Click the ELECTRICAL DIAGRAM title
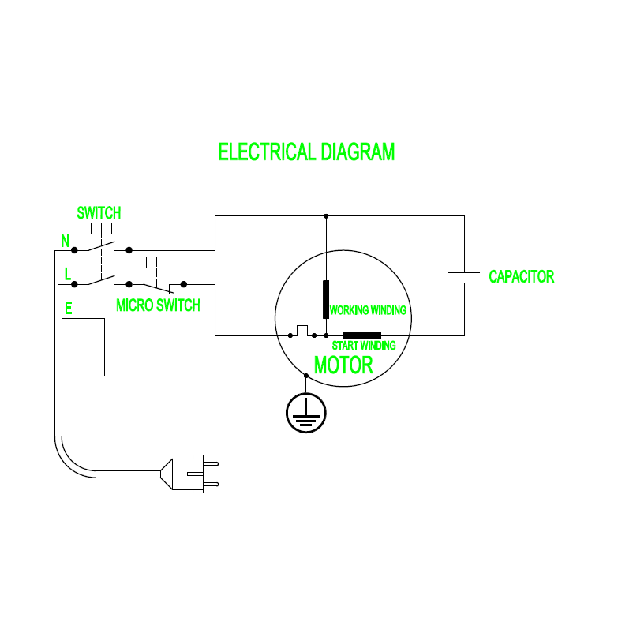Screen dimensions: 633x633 pyautogui.click(x=306, y=152)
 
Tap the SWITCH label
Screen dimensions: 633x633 pyautogui.click(x=99, y=213)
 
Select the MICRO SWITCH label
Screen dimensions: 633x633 pyautogui.click(x=158, y=305)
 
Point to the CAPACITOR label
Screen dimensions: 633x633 pyautogui.click(x=521, y=277)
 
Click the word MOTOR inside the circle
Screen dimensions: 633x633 pyautogui.click(x=343, y=366)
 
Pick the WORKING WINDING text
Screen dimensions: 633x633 pyautogui.click(x=368, y=310)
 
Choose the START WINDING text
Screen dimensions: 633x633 pyautogui.click(x=364, y=346)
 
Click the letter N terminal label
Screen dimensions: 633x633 pyautogui.click(x=65, y=240)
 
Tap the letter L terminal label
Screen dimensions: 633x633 pyautogui.click(x=67, y=274)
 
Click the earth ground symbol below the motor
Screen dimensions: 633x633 pyautogui.click(x=305, y=411)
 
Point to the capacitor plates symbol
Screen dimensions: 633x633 pyautogui.click(x=464, y=276)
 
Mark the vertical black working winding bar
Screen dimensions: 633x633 pyautogui.click(x=325, y=298)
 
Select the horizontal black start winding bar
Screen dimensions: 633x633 pyautogui.click(x=361, y=335)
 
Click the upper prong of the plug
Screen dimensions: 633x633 pyautogui.click(x=211, y=463)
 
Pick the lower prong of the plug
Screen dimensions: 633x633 pyautogui.click(x=211, y=484)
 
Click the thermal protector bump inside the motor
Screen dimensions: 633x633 pyautogui.click(x=302, y=329)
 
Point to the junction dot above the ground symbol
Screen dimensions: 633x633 pyautogui.click(x=305, y=376)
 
